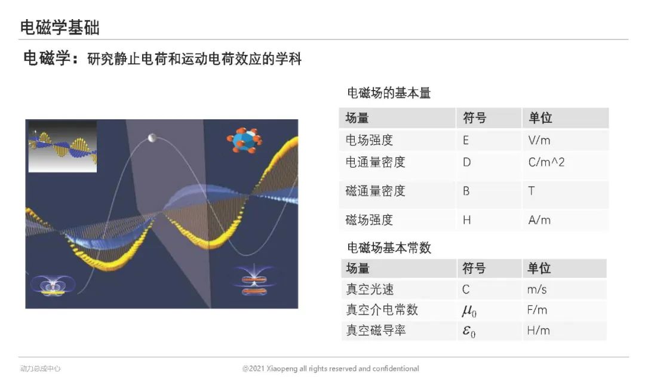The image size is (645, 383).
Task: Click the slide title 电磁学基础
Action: point(60,27)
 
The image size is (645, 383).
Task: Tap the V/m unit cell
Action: point(539,140)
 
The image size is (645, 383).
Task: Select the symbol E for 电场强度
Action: point(466,141)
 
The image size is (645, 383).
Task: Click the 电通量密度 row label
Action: point(375,162)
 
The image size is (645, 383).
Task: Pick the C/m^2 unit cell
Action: point(546,162)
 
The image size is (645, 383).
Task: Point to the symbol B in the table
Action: point(466,191)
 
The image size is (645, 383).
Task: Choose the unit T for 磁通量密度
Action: point(532,191)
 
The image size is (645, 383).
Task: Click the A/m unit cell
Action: point(539,220)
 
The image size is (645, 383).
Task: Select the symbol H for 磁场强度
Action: point(466,220)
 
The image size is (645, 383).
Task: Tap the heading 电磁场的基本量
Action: point(389,93)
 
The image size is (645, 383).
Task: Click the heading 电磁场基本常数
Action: point(389,248)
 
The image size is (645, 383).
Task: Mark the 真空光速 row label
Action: point(370,289)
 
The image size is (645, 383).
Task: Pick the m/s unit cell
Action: point(537,290)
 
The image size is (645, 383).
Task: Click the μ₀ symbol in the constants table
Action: point(469,311)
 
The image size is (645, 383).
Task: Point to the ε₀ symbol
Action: point(469,331)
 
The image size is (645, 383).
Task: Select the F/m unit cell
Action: point(537,310)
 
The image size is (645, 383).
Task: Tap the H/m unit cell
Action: point(539,331)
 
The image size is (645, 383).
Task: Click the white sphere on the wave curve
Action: point(152,138)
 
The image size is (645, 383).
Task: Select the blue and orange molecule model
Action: point(244,140)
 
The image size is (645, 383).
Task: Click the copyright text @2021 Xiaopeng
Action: point(330,369)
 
